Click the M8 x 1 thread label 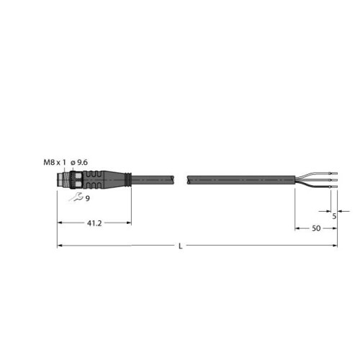(x=55, y=163)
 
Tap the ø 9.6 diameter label (x=79, y=163)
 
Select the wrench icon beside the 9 (x=76, y=197)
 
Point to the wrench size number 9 (x=88, y=199)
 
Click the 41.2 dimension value (x=94, y=223)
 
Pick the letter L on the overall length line (x=181, y=246)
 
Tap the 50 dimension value (x=316, y=228)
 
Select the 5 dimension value (x=334, y=216)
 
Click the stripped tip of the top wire (x=334, y=174)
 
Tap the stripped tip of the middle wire (x=334, y=180)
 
